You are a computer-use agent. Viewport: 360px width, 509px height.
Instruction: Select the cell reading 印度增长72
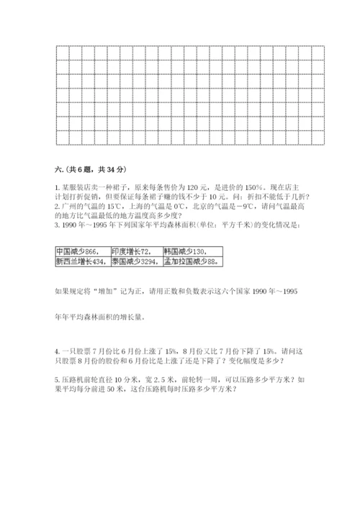pos(130,251)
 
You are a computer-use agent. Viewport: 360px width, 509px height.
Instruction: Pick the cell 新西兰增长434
pos(81,262)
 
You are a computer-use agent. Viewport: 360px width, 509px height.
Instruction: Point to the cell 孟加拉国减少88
pos(189,262)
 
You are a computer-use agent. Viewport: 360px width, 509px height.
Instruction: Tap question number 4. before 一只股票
pos(57,351)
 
